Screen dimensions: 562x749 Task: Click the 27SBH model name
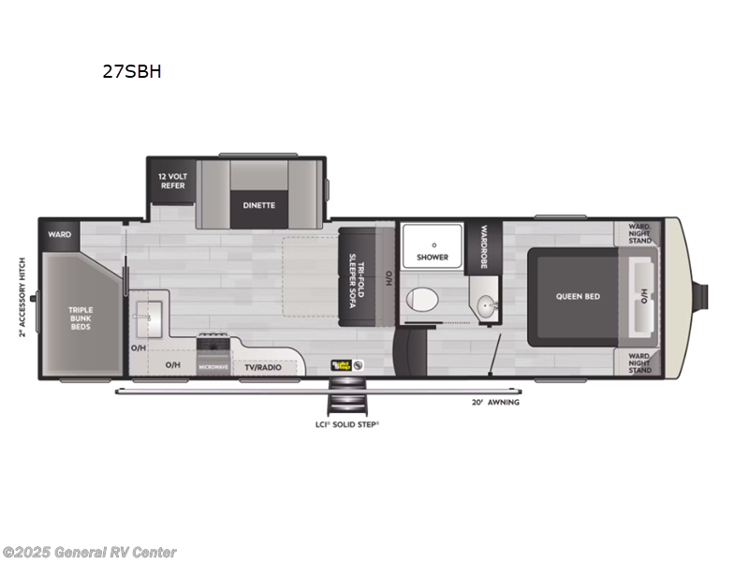tap(132, 70)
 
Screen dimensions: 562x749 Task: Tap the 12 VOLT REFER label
tap(171, 181)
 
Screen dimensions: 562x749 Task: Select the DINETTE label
tap(259, 205)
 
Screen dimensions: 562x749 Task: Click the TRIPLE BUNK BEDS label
tap(81, 317)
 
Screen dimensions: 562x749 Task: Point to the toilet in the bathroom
tap(423, 301)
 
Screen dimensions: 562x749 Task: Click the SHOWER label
tap(432, 257)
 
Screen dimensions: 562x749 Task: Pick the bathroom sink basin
tap(485, 305)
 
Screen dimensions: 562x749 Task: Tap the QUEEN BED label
tap(578, 296)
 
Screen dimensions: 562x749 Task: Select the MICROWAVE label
tap(213, 366)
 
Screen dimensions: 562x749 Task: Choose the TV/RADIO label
tap(263, 366)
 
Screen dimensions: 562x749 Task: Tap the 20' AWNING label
tap(495, 402)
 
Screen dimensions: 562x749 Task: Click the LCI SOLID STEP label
tap(345, 424)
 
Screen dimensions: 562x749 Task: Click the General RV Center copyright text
tap(89, 553)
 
